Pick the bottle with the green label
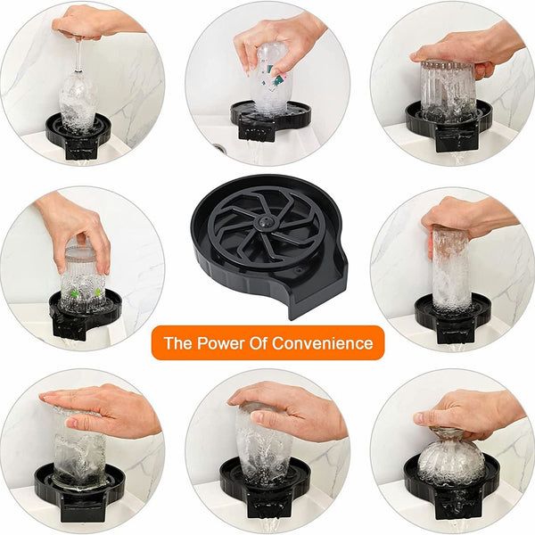click(x=268, y=80)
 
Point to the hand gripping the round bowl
click(x=468, y=407)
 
